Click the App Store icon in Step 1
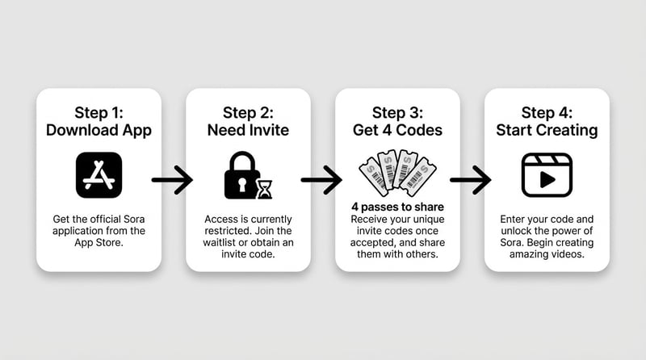click(99, 175)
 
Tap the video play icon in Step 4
click(546, 174)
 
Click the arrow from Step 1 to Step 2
click(171, 179)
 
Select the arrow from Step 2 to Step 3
click(321, 179)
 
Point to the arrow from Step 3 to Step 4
click(470, 179)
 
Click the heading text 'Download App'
click(99, 129)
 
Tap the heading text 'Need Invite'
click(248, 129)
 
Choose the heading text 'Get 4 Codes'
click(397, 129)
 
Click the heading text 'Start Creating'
click(547, 129)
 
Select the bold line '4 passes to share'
click(397, 207)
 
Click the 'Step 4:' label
click(547, 112)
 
